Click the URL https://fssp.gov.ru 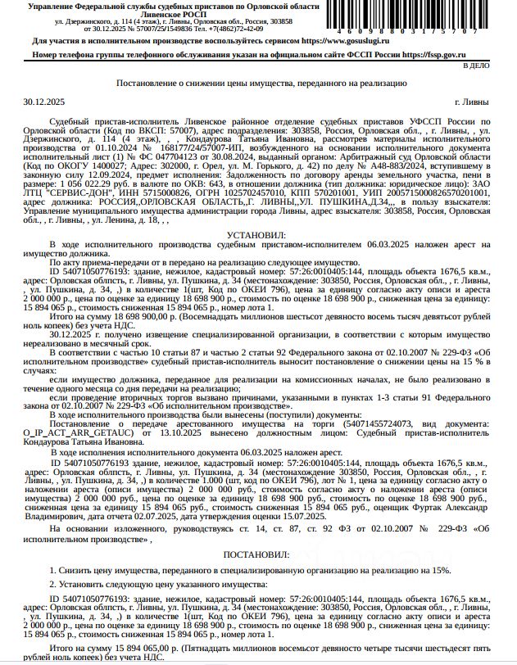click(455, 54)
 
